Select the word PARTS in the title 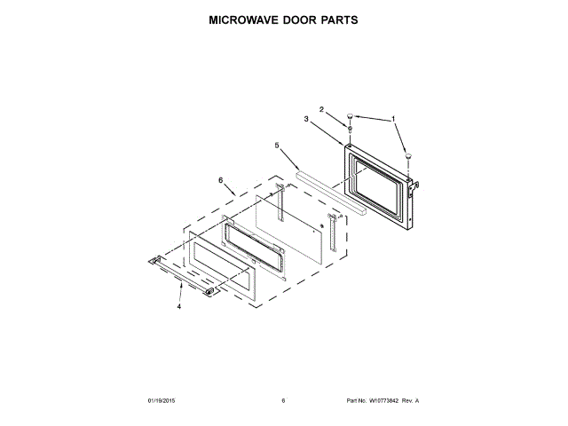[x=344, y=19]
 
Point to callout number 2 [x=322, y=110]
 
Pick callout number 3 [x=305, y=119]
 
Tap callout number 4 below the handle [x=178, y=306]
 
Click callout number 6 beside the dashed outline [x=220, y=180]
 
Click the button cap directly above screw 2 [x=351, y=115]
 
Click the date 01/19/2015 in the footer [x=162, y=401]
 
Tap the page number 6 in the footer [x=283, y=401]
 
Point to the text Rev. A [x=410, y=401]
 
